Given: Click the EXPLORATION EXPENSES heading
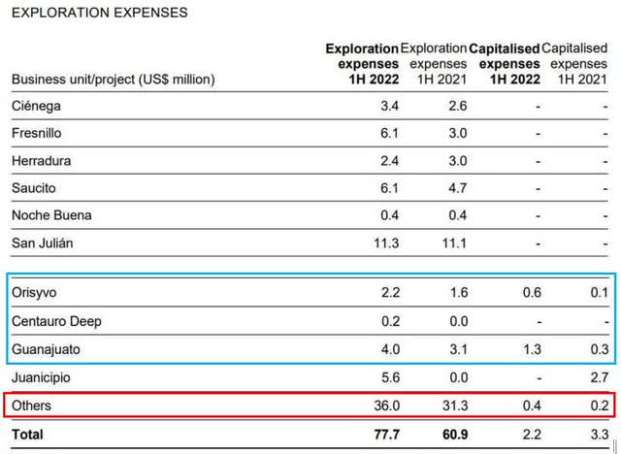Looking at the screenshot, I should coord(100,13).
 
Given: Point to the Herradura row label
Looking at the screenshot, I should coord(41,160).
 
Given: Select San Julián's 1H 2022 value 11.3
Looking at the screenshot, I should coord(385,243).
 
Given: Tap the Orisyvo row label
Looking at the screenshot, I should coord(35,292).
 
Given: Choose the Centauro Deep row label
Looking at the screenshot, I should coord(56,320).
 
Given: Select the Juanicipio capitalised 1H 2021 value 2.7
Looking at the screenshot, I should coord(599,376).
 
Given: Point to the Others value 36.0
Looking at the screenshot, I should coord(385,405).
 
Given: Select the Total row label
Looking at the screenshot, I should coord(28,435).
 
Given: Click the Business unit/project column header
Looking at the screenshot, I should coord(114,79).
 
